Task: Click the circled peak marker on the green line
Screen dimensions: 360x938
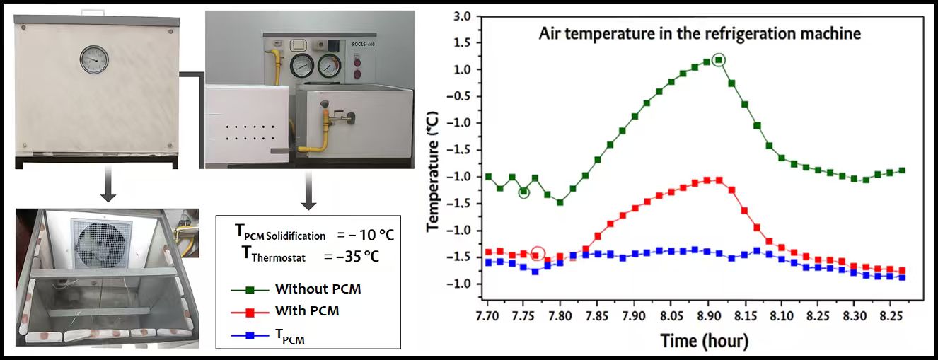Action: click(x=719, y=60)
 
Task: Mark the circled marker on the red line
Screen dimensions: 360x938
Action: click(x=537, y=254)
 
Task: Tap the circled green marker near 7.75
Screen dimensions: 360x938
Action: click(x=523, y=192)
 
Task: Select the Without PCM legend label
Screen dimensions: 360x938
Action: click(x=322, y=289)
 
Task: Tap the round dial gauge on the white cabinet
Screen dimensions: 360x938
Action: click(x=93, y=60)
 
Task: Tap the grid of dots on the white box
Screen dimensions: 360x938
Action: click(x=248, y=132)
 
